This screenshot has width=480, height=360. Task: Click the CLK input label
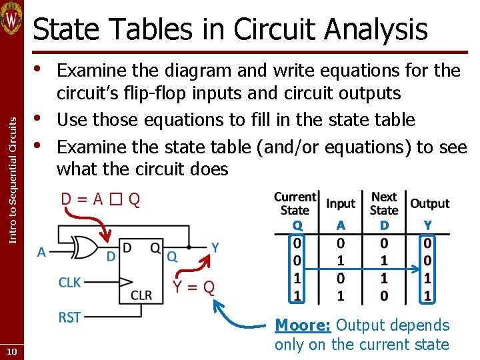click(69, 283)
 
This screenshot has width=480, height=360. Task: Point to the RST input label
click(69, 317)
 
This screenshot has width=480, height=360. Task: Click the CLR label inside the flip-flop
click(141, 295)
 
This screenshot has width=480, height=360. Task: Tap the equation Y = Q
click(193, 287)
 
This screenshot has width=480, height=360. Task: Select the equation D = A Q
click(100, 199)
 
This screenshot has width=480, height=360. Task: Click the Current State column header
click(295, 203)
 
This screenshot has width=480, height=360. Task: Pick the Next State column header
click(384, 203)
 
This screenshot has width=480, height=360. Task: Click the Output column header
click(429, 203)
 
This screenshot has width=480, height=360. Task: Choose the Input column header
click(341, 203)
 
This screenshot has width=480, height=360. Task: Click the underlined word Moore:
click(303, 325)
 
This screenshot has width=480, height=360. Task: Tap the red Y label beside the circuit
click(215, 248)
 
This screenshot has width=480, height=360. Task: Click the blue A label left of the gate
click(41, 252)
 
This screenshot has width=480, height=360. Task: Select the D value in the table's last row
click(384, 295)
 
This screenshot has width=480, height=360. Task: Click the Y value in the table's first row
click(427, 243)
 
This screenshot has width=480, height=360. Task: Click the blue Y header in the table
click(427, 225)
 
